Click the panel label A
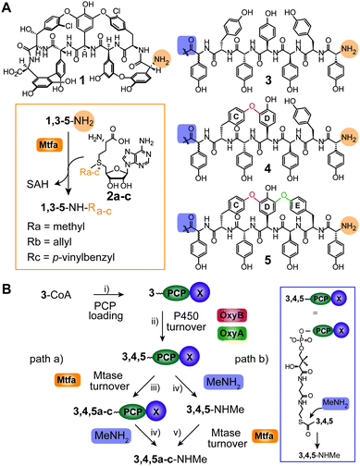coord(8,8)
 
